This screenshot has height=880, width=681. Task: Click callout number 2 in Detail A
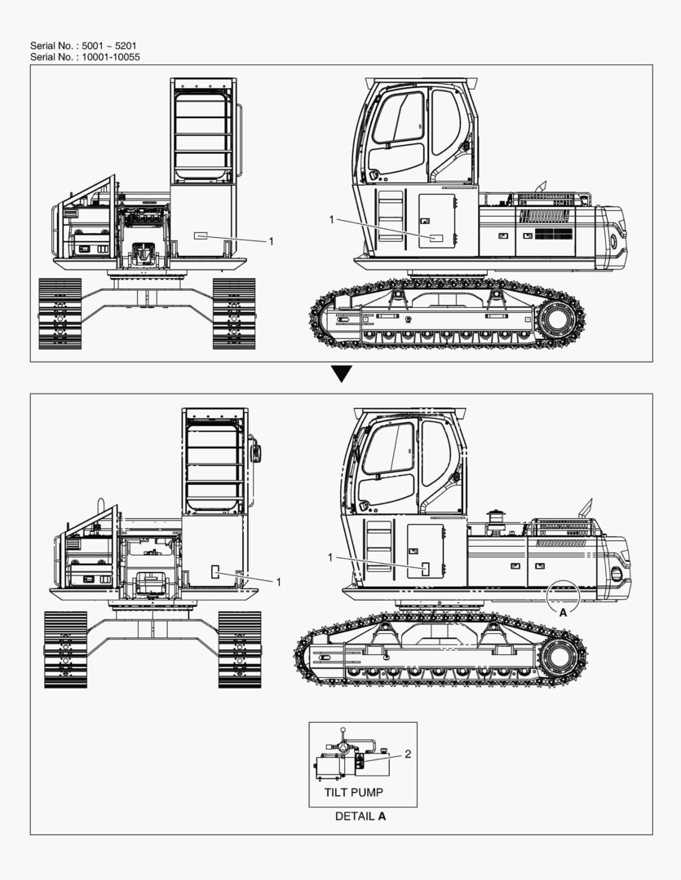(408, 754)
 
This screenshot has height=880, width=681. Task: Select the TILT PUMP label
(353, 793)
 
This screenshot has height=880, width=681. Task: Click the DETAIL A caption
(360, 816)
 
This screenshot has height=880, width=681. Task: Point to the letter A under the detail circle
(563, 614)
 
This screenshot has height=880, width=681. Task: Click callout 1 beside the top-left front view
(271, 241)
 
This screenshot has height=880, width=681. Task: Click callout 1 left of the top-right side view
(331, 219)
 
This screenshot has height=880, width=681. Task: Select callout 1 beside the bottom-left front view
(278, 582)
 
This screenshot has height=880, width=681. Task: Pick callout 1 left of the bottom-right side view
(330, 557)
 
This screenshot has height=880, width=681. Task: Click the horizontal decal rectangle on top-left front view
(201, 235)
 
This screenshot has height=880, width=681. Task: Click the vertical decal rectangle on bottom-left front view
(215, 572)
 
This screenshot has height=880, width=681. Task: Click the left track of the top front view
(60, 313)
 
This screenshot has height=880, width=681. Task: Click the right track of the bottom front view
(239, 649)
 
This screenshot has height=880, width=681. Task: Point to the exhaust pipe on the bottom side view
(586, 508)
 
